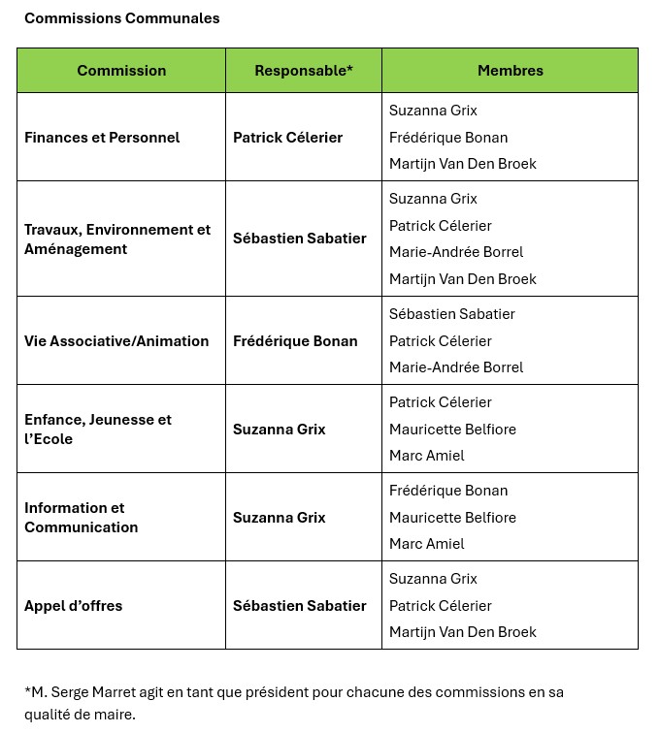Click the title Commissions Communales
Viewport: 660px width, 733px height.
(122, 18)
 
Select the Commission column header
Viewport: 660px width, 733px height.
(121, 71)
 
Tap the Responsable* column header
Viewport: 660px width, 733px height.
(304, 71)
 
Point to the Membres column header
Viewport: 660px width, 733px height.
(510, 71)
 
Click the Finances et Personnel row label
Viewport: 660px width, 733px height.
(102, 138)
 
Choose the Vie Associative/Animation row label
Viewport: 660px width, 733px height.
(116, 341)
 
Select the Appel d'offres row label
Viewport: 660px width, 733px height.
(74, 606)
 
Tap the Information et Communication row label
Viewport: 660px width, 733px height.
(82, 518)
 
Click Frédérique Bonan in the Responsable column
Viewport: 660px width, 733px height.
(295, 341)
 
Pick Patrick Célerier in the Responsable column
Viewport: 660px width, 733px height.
(287, 138)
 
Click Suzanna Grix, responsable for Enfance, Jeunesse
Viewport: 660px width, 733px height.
(279, 430)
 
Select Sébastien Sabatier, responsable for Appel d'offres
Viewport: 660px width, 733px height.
(300, 606)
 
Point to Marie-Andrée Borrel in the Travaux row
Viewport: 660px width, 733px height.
(456, 252)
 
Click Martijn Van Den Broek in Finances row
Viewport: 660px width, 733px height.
(463, 164)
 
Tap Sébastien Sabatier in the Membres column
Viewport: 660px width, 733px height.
(452, 314)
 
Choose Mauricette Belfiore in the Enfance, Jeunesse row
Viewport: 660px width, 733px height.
(452, 430)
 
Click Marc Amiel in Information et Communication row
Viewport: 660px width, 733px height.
(427, 544)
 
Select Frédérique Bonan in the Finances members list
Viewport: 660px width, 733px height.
(448, 138)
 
